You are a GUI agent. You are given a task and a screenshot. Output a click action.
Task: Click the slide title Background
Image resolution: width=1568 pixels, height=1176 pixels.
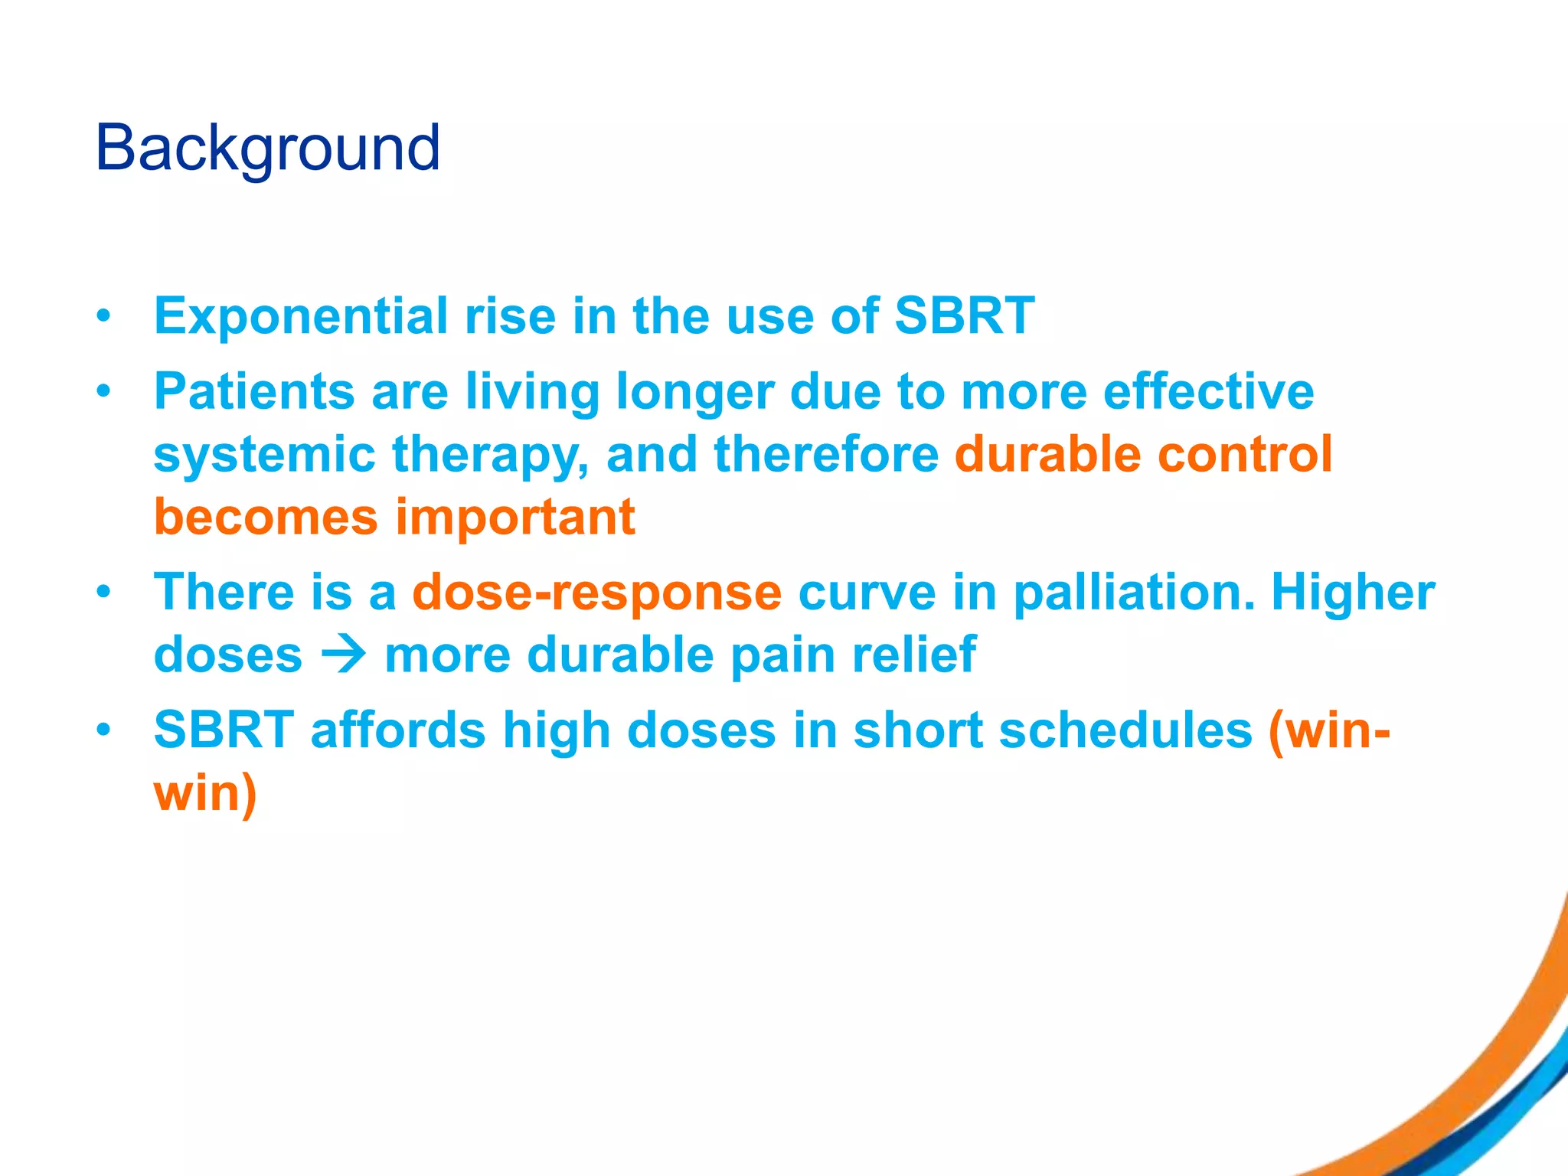click(267, 148)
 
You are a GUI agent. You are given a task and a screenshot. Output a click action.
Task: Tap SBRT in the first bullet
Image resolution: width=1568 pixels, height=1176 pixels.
click(964, 315)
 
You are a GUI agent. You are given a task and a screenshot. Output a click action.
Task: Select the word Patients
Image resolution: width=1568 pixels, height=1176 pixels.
click(253, 391)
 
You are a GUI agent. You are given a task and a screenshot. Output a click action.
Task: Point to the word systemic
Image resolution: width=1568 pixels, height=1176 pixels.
click(263, 456)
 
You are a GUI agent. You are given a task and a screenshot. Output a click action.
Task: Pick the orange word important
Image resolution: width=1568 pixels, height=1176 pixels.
click(514, 518)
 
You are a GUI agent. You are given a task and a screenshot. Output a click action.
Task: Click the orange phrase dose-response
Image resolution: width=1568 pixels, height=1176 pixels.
click(596, 593)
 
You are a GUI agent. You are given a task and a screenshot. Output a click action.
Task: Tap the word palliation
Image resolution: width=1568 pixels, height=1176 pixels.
click(1134, 593)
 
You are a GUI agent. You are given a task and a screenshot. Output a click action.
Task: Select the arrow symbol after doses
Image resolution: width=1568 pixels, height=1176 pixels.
click(344, 655)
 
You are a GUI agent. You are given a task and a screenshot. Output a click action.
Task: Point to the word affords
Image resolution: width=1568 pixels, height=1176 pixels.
click(397, 730)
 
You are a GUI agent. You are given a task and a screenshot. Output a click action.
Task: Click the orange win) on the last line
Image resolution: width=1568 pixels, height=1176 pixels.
click(205, 793)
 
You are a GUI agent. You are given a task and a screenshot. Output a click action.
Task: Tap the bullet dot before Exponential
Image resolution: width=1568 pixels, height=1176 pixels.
click(104, 317)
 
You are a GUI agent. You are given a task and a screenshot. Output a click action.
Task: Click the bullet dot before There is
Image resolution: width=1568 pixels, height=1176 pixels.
click(104, 593)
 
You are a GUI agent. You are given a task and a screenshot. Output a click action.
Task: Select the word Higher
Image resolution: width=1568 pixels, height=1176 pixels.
click(1353, 593)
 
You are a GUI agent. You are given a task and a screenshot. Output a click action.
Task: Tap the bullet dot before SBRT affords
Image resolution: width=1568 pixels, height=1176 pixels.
click(104, 730)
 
